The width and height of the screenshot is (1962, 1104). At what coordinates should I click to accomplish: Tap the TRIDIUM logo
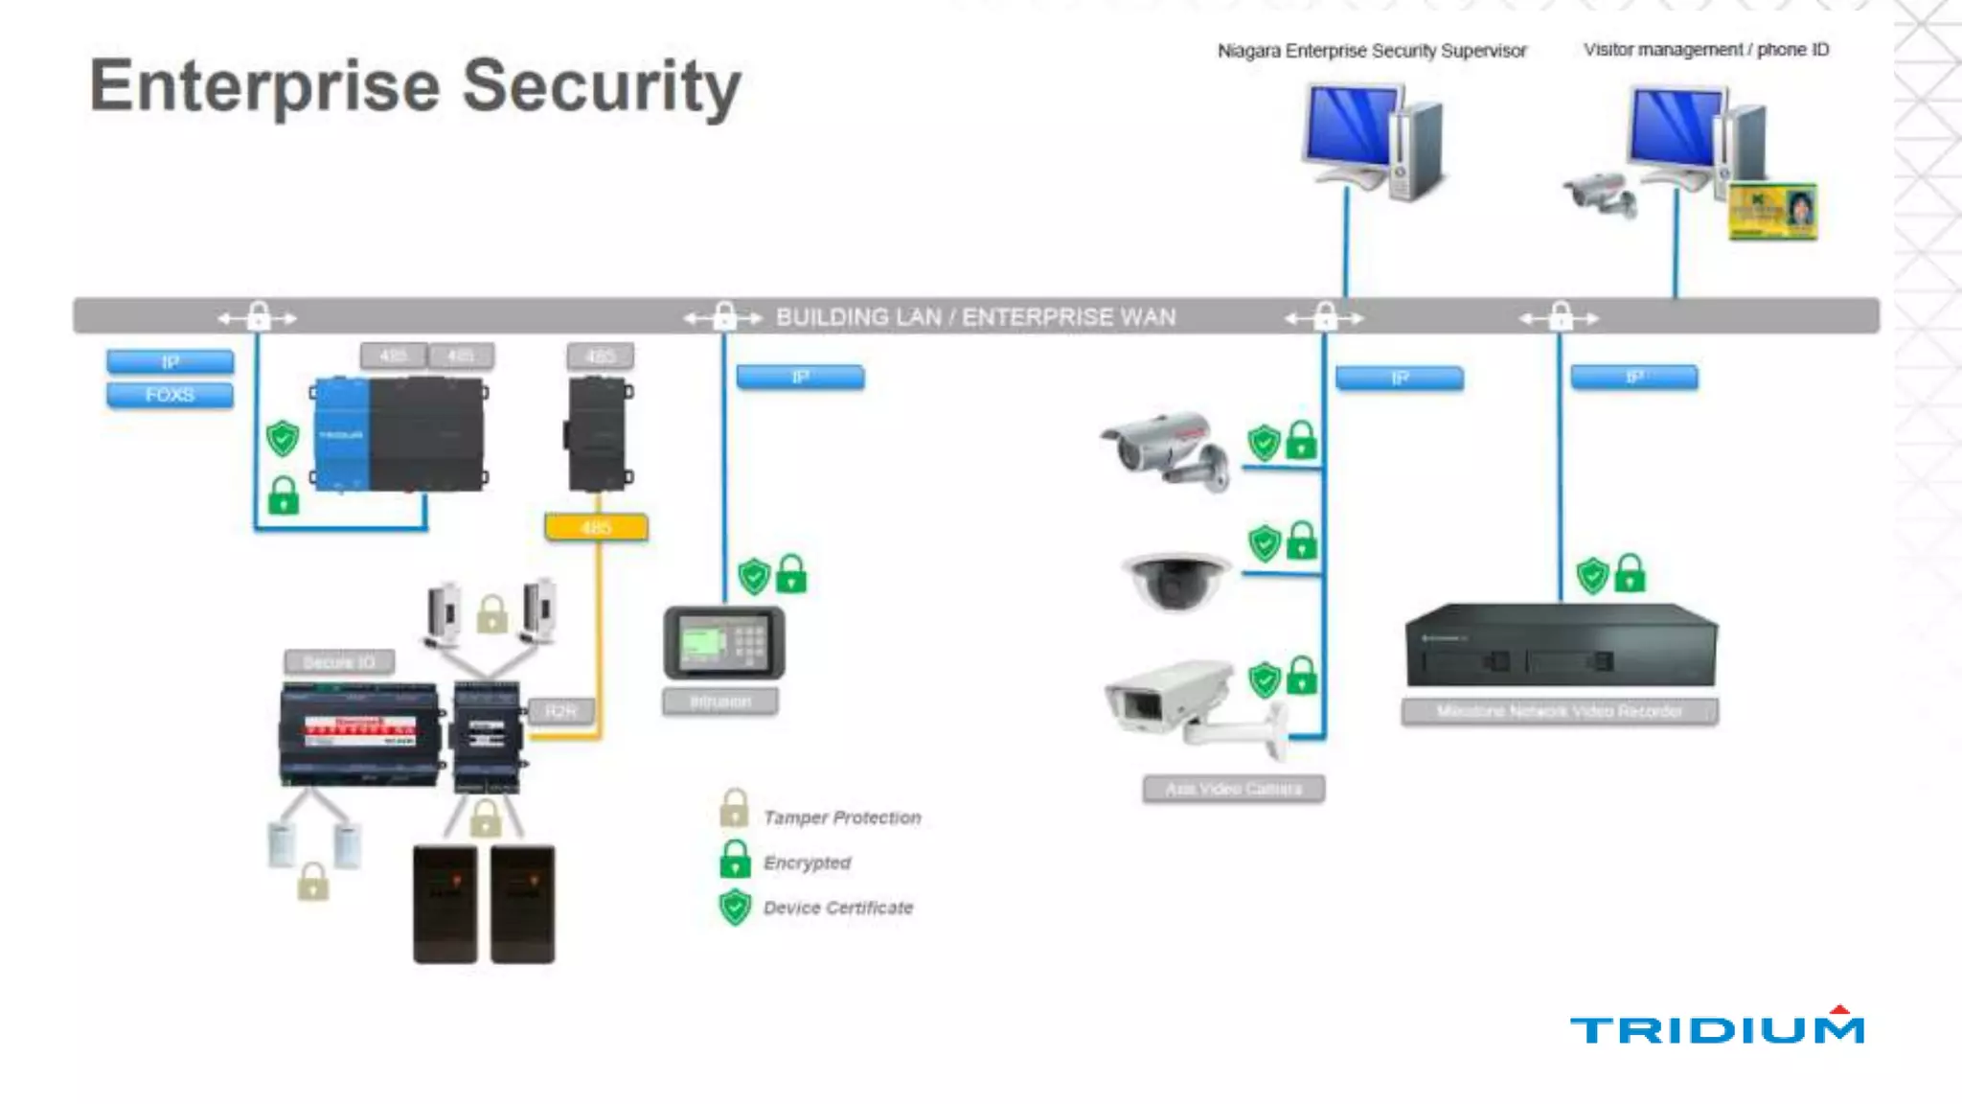(x=1716, y=1027)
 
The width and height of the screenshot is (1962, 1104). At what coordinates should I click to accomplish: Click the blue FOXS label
(x=170, y=395)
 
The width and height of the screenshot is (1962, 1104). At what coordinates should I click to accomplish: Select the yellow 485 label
(x=596, y=527)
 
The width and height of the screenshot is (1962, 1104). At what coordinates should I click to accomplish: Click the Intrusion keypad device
(x=723, y=642)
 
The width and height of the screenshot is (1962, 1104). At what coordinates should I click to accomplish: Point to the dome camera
(x=1175, y=580)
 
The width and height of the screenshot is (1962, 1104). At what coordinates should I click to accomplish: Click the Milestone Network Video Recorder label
(x=1559, y=711)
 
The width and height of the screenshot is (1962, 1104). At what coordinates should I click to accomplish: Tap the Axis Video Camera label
(x=1233, y=789)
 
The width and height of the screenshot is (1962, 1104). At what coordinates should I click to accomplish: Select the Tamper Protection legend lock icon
(x=734, y=810)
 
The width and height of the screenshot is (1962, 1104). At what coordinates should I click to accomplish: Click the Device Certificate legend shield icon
(x=735, y=907)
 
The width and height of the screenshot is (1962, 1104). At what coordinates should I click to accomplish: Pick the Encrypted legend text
(x=807, y=862)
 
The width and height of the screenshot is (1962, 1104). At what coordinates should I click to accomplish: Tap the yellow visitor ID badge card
(x=1772, y=212)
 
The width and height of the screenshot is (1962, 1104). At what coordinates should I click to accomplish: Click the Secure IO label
(x=339, y=662)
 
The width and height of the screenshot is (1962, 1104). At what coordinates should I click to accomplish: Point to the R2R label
(x=561, y=710)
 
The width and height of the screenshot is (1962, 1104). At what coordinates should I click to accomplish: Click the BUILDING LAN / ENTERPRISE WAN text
(x=975, y=317)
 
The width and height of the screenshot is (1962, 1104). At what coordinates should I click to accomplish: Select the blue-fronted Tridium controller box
(x=399, y=435)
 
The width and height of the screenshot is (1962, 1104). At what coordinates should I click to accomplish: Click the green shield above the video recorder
(x=1592, y=576)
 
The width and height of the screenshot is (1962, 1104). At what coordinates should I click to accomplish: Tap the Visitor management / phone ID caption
(x=1705, y=50)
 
